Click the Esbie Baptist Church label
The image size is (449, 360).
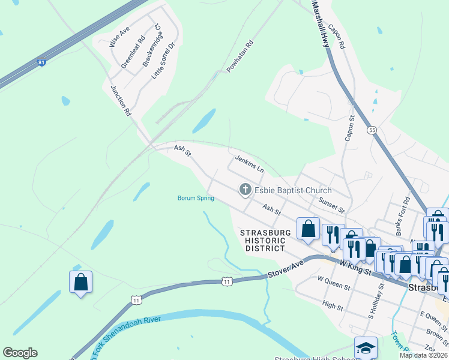tap(293, 191)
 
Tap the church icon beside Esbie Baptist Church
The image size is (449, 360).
tap(245, 190)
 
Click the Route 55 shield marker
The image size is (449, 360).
tap(373, 130)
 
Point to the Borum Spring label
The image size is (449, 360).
tap(196, 198)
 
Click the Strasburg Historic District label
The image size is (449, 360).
tap(265, 240)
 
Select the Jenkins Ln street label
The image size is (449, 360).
tap(249, 163)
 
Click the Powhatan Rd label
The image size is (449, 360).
tap(241, 57)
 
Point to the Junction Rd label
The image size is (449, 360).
tap(120, 100)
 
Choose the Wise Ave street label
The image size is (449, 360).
tap(119, 37)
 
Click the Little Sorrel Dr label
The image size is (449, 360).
tap(163, 61)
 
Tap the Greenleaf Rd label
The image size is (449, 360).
tap(133, 52)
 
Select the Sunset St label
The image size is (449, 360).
tap(331, 205)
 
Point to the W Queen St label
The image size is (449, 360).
tap(334, 284)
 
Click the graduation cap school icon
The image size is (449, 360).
tap(365, 347)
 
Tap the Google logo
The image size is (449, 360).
tap(20, 353)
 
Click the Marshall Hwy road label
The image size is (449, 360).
tap(321, 24)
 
